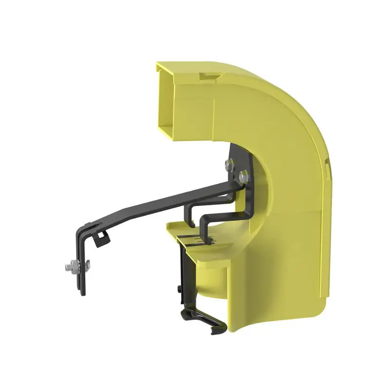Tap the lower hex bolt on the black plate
(x=243, y=176)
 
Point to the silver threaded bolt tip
(x=67, y=267)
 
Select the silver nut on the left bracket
(x=75, y=266)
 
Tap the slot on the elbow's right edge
(x=328, y=168)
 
